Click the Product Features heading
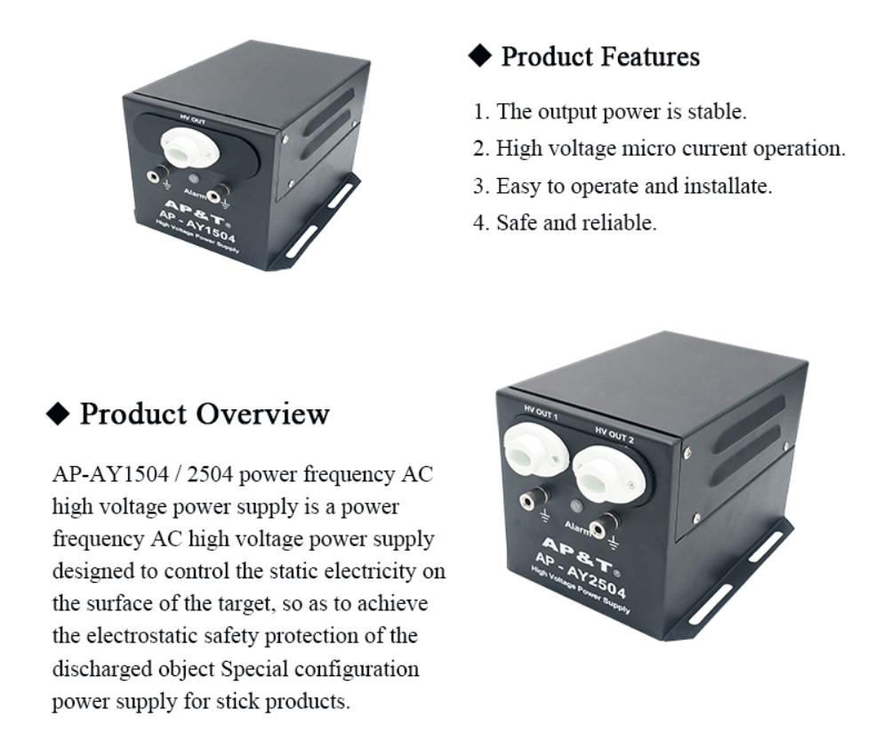600,57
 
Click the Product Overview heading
205,414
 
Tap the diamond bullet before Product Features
480,57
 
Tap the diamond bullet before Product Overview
58,414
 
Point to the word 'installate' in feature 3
726,186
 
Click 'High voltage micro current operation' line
670,149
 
